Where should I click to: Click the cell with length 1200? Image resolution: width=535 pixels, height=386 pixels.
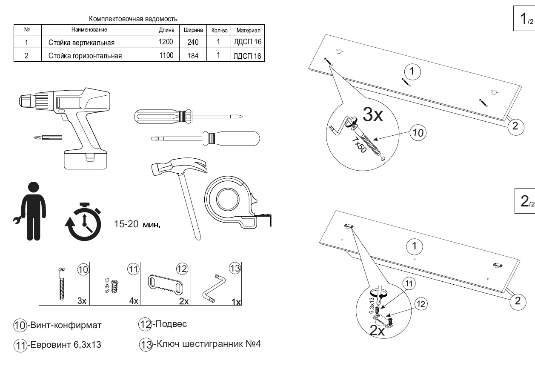pos(166,42)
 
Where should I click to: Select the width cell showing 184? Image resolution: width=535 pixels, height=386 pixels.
pos(193,55)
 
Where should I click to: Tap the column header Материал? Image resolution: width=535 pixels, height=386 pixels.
pos(247,30)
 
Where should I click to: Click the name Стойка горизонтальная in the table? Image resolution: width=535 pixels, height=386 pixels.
pos(85,55)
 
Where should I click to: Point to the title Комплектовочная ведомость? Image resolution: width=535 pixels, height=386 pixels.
pos(133,19)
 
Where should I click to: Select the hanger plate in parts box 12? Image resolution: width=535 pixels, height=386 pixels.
pos(166,284)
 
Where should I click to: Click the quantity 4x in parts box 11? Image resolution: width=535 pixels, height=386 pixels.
pos(134,301)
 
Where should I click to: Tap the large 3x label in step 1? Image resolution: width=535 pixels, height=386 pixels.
pos(374,114)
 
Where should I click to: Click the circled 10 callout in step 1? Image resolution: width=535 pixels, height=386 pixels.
pos(418,133)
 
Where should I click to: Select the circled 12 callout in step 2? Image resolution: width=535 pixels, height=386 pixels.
pos(421,304)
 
